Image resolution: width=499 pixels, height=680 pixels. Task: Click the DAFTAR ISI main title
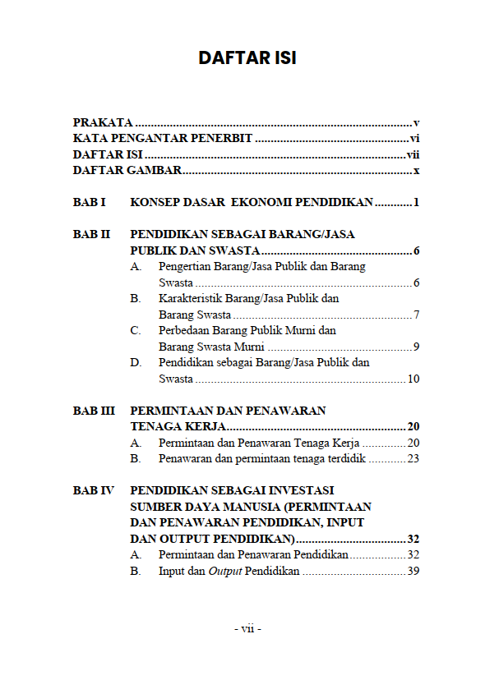pos(247,57)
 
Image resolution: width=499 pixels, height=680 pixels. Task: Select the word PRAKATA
pos(103,122)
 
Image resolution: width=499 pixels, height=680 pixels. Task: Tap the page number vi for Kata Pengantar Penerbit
pos(414,138)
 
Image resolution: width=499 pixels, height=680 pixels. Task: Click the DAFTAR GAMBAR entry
pos(127,171)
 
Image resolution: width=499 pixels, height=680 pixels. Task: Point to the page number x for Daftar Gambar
pos(417,171)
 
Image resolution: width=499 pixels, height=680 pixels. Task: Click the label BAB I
pos(90,202)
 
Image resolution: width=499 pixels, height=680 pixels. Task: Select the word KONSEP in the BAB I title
pos(153,202)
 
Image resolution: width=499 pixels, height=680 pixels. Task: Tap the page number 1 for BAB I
pos(417,202)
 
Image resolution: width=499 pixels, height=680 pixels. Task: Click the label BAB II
pos(91,234)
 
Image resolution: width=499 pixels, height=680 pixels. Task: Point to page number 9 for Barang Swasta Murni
pos(417,347)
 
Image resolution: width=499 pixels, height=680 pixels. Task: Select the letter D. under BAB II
pos(135,362)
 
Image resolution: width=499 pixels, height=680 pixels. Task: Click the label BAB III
pos(94,411)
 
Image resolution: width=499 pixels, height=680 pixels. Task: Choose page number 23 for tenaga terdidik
pos(413,458)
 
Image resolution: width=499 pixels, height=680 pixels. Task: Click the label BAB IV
pos(94,490)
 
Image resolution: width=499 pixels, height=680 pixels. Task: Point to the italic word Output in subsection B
pos(224,571)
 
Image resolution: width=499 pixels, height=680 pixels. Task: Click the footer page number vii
pos(247,629)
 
